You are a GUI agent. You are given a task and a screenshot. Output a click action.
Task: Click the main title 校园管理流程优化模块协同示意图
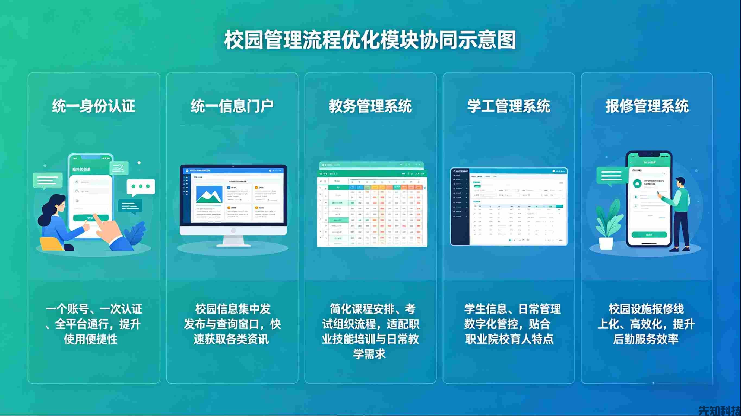[x=370, y=40]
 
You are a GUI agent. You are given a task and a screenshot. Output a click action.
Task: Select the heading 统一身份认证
[x=93, y=106]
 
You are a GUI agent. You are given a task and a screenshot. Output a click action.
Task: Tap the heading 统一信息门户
[x=232, y=106]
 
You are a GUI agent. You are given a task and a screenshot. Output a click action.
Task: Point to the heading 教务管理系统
[x=370, y=106]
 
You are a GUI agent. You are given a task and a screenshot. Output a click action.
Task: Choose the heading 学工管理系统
[x=509, y=106]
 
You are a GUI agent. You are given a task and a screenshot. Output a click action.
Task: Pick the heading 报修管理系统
[x=647, y=106]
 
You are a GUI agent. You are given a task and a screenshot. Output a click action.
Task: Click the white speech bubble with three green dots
[x=141, y=187]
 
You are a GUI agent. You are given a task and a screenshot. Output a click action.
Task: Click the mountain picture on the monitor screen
[x=209, y=195]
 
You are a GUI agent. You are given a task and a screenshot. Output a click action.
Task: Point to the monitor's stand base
[x=233, y=245]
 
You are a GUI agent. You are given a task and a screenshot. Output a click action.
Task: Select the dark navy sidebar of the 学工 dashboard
[x=460, y=207]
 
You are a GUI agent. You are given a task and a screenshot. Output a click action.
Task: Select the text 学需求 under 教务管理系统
[x=369, y=354]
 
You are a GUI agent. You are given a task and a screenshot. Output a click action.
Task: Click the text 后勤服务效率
[x=646, y=339]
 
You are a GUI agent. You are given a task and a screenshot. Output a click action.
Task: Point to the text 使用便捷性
[x=91, y=339]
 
